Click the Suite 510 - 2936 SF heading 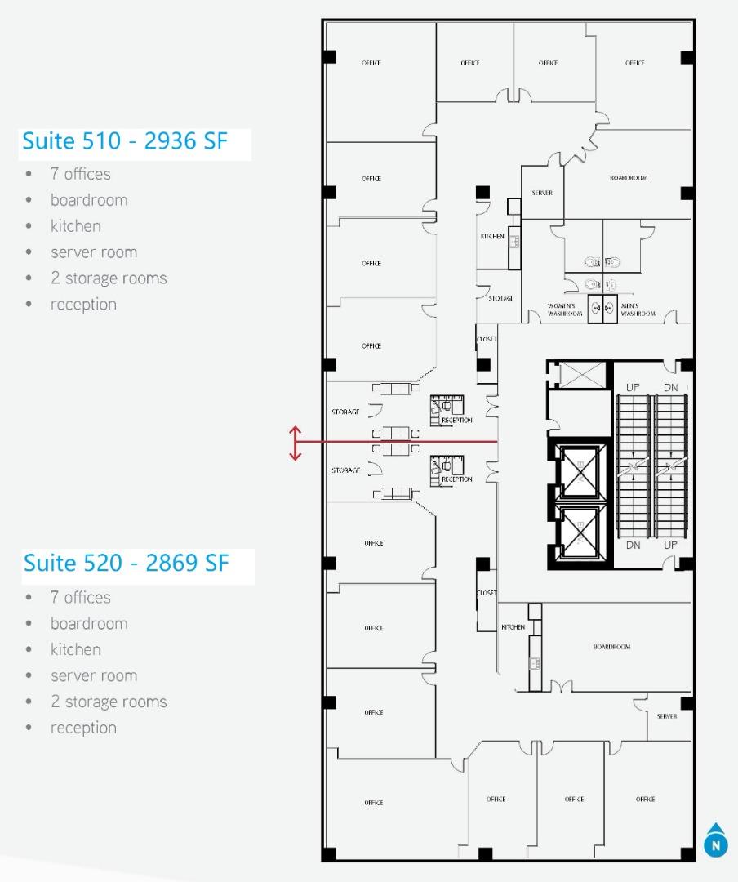pyautogui.click(x=124, y=141)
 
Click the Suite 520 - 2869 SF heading pyautogui.click(x=126, y=563)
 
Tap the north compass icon pyautogui.click(x=715, y=841)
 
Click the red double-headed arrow pyautogui.click(x=296, y=443)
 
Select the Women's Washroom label pyautogui.click(x=565, y=310)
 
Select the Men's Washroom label pyautogui.click(x=638, y=310)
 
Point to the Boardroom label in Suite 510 pyautogui.click(x=628, y=178)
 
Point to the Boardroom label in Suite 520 pyautogui.click(x=611, y=647)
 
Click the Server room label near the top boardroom pyautogui.click(x=542, y=193)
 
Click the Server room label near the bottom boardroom pyautogui.click(x=666, y=716)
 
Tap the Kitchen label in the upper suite pyautogui.click(x=492, y=236)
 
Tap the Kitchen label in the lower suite pyautogui.click(x=513, y=627)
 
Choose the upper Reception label pyautogui.click(x=456, y=421)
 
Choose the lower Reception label pyautogui.click(x=456, y=479)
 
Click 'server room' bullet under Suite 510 pyautogui.click(x=93, y=252)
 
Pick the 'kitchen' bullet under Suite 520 pyautogui.click(x=76, y=649)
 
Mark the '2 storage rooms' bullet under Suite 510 pyautogui.click(x=108, y=278)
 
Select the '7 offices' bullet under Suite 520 pyautogui.click(x=80, y=597)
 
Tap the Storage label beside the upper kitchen pyautogui.click(x=500, y=299)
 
